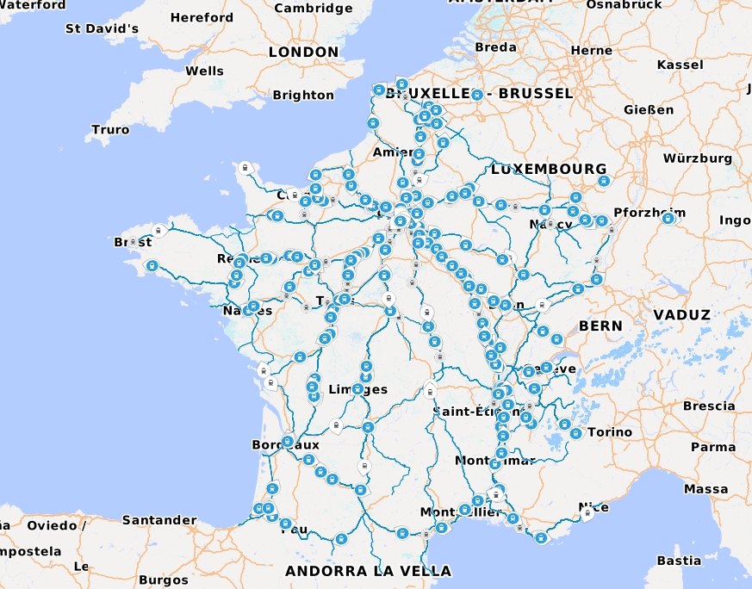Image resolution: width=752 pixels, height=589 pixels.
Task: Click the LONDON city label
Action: (x=303, y=52)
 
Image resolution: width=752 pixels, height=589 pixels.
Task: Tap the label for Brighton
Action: (x=303, y=95)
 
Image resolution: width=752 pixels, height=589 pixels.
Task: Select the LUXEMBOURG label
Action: (x=549, y=169)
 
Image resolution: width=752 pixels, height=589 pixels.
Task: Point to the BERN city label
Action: (x=600, y=326)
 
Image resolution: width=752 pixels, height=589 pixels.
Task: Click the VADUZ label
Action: (x=681, y=315)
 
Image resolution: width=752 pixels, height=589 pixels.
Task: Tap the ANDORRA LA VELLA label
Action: (x=368, y=571)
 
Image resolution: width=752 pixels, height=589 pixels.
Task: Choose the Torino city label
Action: (x=611, y=432)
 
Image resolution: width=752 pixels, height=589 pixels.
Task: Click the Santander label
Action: (x=159, y=520)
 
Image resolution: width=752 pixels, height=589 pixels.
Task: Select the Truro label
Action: (x=110, y=130)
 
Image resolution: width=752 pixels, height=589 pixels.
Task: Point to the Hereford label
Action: (x=202, y=17)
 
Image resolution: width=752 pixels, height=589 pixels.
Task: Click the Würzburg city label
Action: (x=697, y=158)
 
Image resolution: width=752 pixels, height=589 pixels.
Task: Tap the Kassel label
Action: (x=680, y=65)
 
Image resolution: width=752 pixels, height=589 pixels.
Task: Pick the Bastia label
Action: (x=678, y=561)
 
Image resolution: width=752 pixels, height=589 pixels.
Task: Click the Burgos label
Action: (x=163, y=580)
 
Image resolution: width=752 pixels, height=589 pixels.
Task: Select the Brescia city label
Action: (x=709, y=406)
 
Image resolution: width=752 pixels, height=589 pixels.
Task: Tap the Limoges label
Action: (x=358, y=390)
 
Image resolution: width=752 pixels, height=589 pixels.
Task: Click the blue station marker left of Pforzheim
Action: (x=601, y=221)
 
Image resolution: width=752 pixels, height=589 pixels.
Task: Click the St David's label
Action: (x=102, y=28)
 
